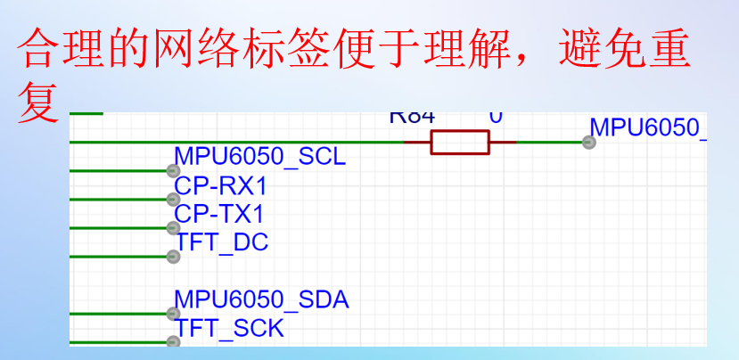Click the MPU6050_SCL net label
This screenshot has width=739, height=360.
pos(259,158)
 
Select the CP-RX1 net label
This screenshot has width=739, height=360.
pos(220,186)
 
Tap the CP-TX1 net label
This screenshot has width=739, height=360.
pos(219,214)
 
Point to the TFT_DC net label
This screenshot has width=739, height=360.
pos(222,241)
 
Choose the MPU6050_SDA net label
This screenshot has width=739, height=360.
pos(261,300)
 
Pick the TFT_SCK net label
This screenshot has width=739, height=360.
pos(230,328)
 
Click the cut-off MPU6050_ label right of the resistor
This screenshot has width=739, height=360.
pos(648,127)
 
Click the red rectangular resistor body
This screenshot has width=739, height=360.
pos(460,142)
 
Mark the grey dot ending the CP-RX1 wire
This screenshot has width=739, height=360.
pos(173,199)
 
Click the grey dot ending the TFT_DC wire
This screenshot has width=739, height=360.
pos(173,257)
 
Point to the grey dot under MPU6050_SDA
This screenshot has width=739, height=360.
pos(173,314)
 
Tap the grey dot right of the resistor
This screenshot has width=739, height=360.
pos(588,142)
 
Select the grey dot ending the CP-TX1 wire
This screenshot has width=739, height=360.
pos(173,227)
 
